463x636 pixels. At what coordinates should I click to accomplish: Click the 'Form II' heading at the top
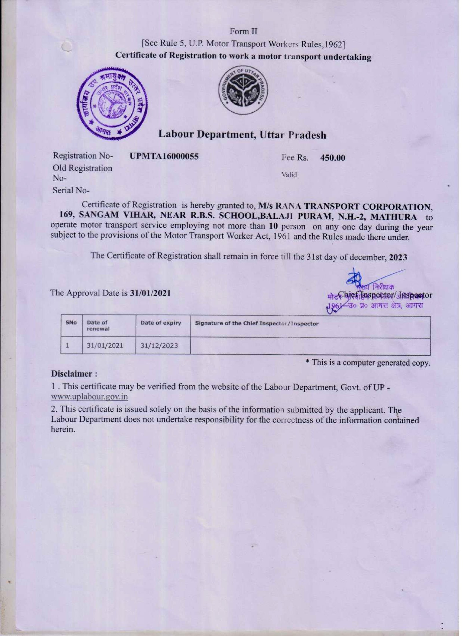click(x=243, y=31)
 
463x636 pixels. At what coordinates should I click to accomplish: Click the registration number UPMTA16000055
click(x=164, y=156)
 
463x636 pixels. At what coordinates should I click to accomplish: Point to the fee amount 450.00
click(x=332, y=158)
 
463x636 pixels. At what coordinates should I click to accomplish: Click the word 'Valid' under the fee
click(x=289, y=175)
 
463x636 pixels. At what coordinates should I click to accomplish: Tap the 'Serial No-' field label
click(x=71, y=191)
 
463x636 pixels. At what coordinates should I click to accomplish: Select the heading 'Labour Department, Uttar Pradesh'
click(x=242, y=135)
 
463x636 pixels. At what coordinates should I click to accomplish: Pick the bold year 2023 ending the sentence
click(x=398, y=257)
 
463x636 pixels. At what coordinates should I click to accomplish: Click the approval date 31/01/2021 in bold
click(x=150, y=293)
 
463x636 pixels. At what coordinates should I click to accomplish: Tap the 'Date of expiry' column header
click(x=161, y=323)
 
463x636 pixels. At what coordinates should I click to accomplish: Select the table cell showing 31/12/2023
click(x=159, y=345)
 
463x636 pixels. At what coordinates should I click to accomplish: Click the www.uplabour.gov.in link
click(x=89, y=397)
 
